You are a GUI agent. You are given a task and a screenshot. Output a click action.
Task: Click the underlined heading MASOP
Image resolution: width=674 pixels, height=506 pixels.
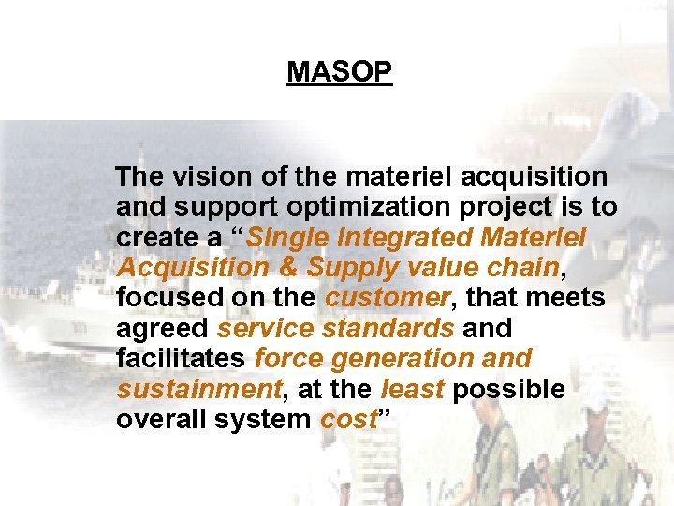[x=340, y=72]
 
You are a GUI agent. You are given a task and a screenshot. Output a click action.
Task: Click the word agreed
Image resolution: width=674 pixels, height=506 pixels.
[x=162, y=330]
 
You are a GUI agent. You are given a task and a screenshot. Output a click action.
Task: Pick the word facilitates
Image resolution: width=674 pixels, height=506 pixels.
[x=182, y=360]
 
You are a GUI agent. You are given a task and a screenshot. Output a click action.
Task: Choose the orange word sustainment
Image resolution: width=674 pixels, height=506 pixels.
[x=198, y=390]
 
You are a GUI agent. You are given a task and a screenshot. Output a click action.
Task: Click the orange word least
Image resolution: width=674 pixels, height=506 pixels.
[x=409, y=390]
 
